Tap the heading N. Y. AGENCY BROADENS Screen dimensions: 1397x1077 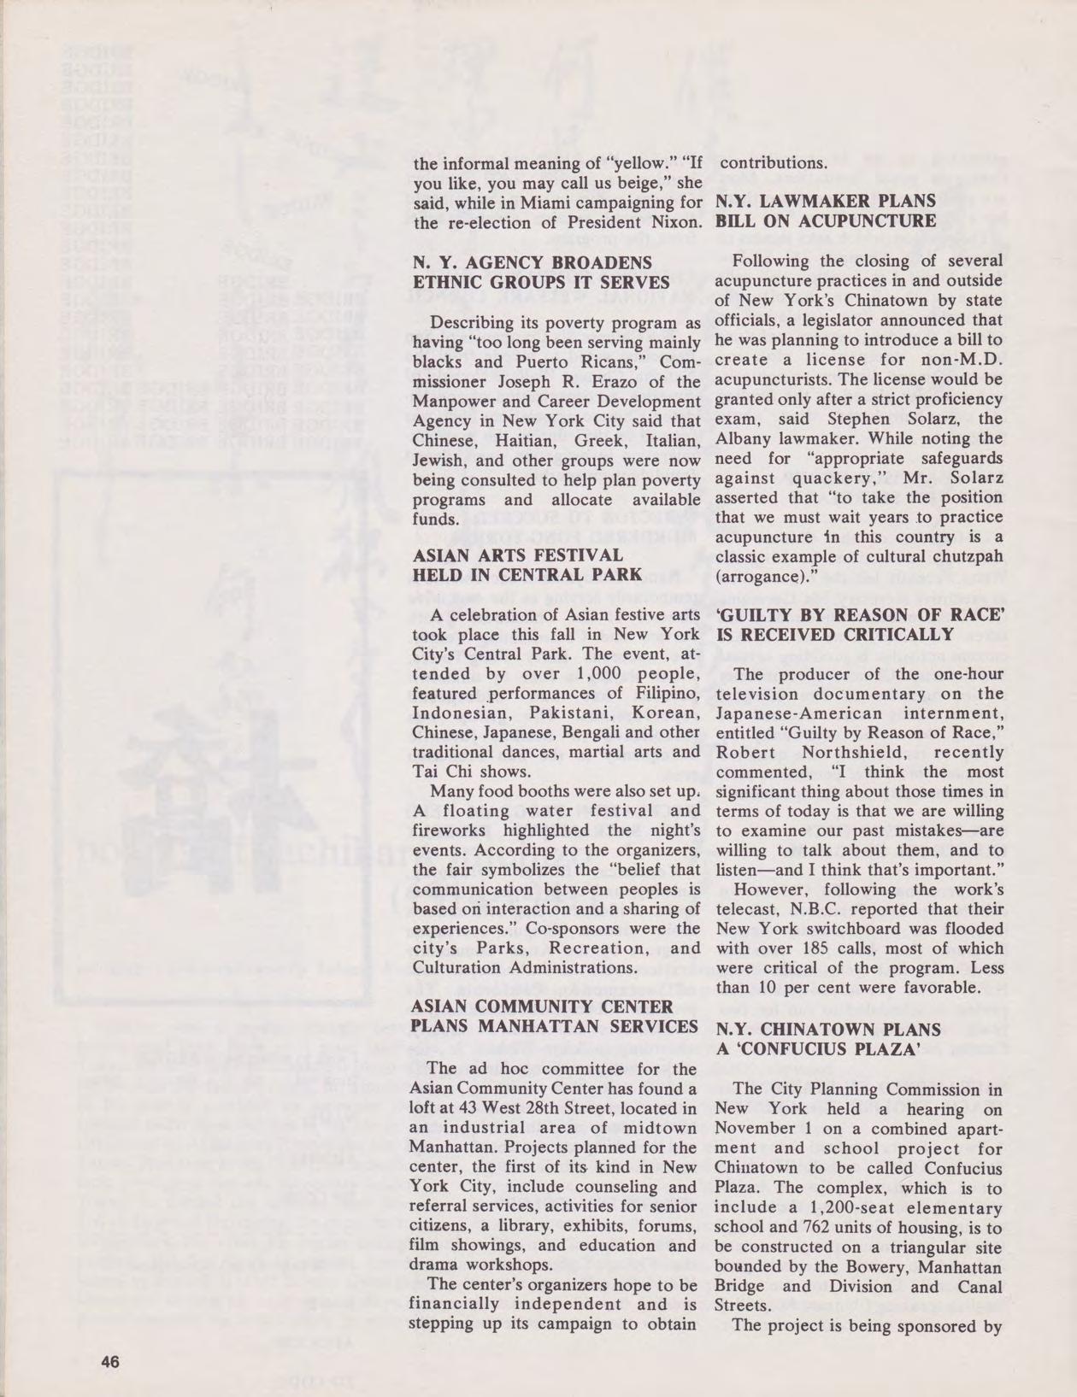click(532, 262)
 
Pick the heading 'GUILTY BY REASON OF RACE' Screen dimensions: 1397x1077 click(859, 614)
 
